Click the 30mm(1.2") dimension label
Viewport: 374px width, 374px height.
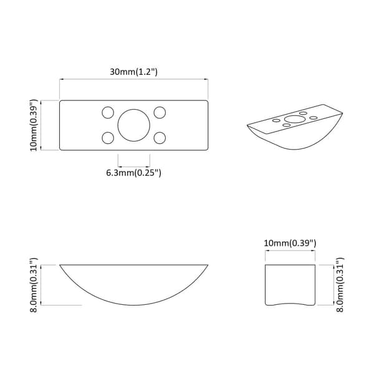(133, 72)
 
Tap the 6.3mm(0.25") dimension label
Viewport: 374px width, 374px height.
(133, 173)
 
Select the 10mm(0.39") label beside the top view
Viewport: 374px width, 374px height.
(34, 125)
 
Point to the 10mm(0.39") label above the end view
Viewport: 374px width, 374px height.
(290, 243)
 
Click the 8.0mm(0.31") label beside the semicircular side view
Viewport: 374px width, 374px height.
(34, 285)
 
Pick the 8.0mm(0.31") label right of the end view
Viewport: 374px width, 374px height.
(340, 285)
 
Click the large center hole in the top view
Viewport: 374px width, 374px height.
(134, 125)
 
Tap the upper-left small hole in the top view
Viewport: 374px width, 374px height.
(108, 112)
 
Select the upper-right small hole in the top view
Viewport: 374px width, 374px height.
(160, 112)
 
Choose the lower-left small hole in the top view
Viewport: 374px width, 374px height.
(108, 138)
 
